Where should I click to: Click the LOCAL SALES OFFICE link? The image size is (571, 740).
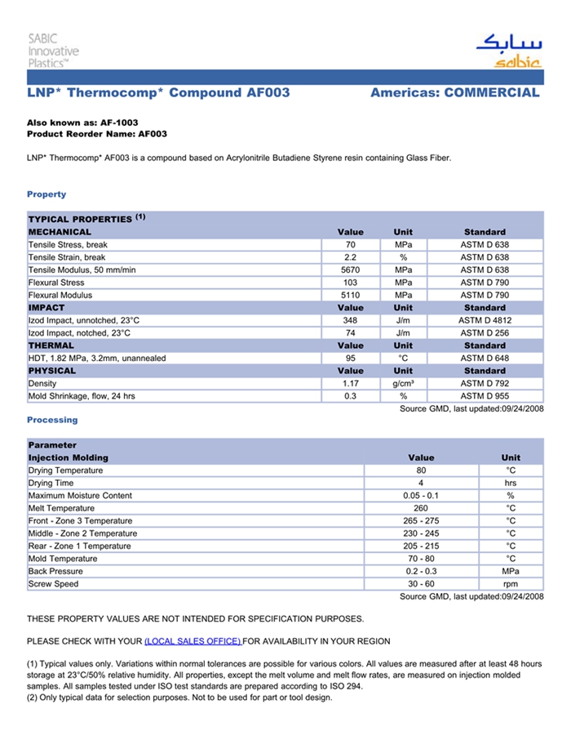(193, 641)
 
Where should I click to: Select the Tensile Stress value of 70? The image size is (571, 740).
(351, 245)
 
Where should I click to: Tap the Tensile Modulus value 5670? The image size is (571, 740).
(351, 270)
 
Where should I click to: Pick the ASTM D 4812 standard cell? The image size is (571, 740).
(485, 321)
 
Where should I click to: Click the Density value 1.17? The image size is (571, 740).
(351, 384)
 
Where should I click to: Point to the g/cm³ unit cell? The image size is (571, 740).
(403, 384)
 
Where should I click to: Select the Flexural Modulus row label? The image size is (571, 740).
(60, 296)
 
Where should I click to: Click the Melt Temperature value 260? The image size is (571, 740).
(421, 509)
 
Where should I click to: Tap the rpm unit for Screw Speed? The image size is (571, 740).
(511, 585)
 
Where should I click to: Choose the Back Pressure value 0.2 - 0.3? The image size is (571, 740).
(421, 572)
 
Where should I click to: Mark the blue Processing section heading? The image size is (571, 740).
(52, 420)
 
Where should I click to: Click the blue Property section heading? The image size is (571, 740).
(46, 194)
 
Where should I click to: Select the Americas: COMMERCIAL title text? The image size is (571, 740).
(454, 93)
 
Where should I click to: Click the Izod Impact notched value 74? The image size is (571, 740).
(351, 333)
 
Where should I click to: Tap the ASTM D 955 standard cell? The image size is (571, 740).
(485, 396)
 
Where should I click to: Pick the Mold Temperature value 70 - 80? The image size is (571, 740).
(421, 559)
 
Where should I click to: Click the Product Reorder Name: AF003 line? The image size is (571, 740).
(97, 134)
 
